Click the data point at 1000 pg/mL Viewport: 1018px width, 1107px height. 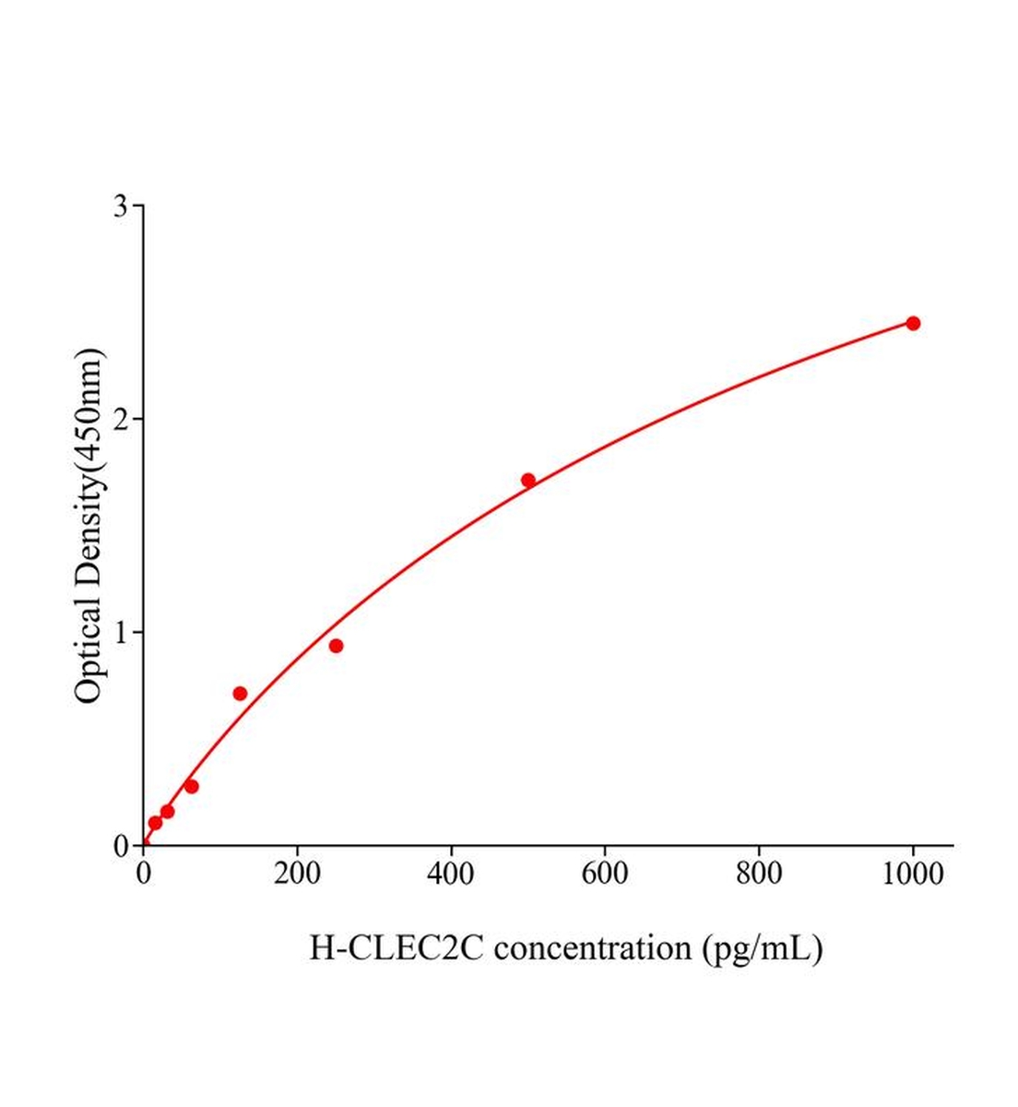(913, 323)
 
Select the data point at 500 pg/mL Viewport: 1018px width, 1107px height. (528, 480)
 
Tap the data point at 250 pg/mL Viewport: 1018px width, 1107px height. (336, 646)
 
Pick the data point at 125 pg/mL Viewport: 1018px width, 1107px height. (240, 693)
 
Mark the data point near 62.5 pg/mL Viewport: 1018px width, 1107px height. (191, 786)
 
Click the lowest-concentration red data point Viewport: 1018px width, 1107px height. (155, 822)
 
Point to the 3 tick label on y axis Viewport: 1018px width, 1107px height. (121, 206)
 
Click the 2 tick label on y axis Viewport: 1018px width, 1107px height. (121, 419)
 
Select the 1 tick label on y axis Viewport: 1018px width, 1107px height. (121, 632)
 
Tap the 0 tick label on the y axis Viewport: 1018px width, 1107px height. (121, 846)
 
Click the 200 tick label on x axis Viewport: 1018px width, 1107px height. (297, 873)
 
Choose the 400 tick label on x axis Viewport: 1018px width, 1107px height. (451, 873)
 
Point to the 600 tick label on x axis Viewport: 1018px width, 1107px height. (605, 873)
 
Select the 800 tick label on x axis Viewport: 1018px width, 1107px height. (759, 873)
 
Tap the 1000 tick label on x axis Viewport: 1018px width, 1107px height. (913, 873)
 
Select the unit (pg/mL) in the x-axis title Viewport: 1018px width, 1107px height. (762, 948)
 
